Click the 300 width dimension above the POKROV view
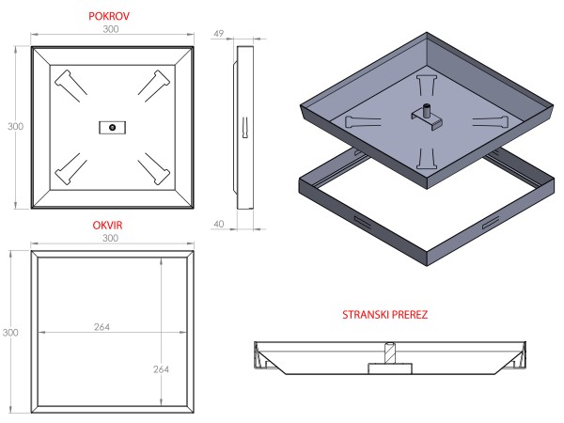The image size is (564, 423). coord(112,31)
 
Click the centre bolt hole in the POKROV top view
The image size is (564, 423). coord(112,126)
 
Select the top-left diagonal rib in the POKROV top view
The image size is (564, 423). coord(70,84)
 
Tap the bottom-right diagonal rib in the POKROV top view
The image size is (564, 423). coord(154,168)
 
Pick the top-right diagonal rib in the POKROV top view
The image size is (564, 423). coord(154,84)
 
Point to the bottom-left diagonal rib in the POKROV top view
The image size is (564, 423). coord(70,168)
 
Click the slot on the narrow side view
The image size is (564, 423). coord(243,126)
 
